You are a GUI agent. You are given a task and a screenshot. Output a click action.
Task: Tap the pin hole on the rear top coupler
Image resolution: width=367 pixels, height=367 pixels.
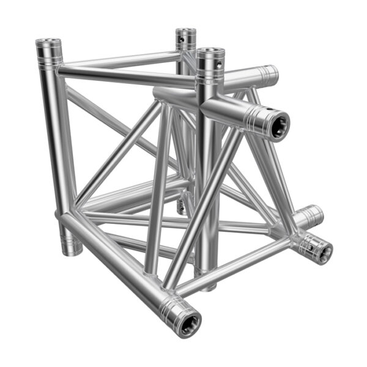click(182, 42)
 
